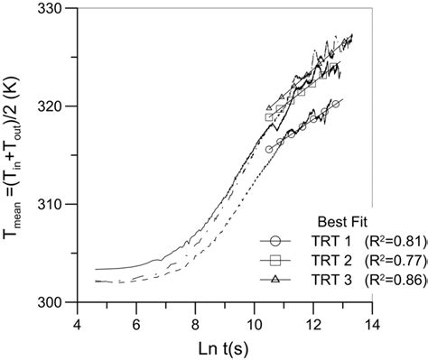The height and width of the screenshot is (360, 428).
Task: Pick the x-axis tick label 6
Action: (136, 318)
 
